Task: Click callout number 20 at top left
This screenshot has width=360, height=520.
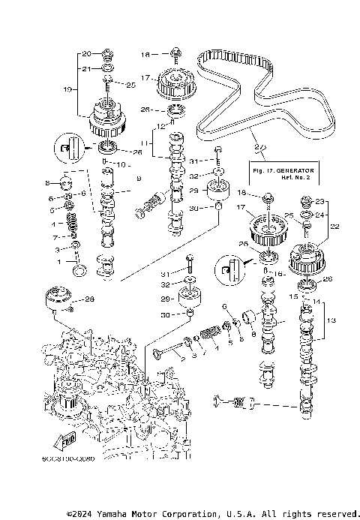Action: (85, 54)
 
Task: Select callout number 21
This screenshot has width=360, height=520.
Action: (85, 68)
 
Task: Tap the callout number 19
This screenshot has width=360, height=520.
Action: (68, 89)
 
